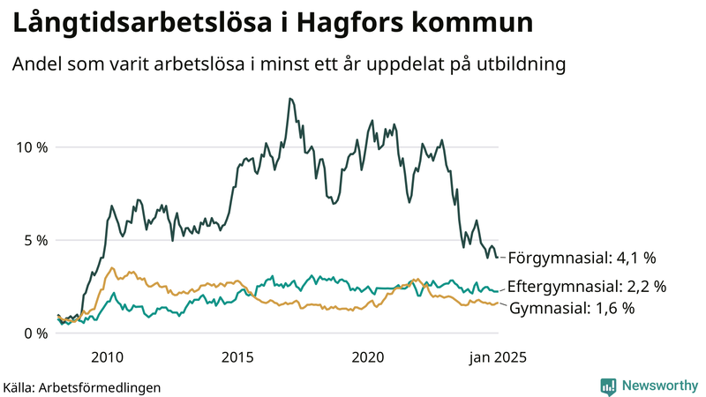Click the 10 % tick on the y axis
point(30,146)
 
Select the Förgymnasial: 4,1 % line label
point(582,258)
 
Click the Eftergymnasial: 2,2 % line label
point(587,287)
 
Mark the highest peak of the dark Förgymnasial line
point(289,99)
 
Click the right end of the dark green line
point(498,258)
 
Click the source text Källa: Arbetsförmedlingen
point(82,386)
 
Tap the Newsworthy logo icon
point(607,386)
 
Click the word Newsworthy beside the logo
point(659,386)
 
